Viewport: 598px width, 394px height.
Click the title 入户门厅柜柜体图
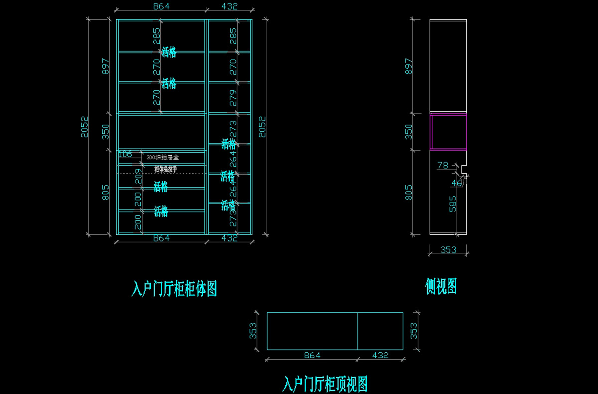(x=174, y=288)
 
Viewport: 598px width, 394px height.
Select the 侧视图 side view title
(x=441, y=286)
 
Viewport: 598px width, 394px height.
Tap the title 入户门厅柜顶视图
(x=325, y=384)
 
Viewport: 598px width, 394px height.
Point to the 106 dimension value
(x=125, y=154)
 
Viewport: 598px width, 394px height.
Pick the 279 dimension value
(x=233, y=98)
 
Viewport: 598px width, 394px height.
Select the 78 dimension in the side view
(x=442, y=165)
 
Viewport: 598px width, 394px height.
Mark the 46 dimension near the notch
(x=457, y=183)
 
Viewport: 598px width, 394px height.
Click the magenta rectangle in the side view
(x=448, y=132)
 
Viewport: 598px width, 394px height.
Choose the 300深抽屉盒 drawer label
(x=162, y=157)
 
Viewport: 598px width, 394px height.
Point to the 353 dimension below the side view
(x=448, y=250)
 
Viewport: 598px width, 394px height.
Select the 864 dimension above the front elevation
(x=161, y=6)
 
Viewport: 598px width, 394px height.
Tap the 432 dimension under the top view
(x=380, y=355)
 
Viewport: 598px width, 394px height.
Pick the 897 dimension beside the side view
(x=409, y=66)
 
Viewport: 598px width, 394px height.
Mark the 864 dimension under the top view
(x=312, y=355)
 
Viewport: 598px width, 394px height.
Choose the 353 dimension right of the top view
(x=413, y=330)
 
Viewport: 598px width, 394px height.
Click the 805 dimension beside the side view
(x=409, y=193)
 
